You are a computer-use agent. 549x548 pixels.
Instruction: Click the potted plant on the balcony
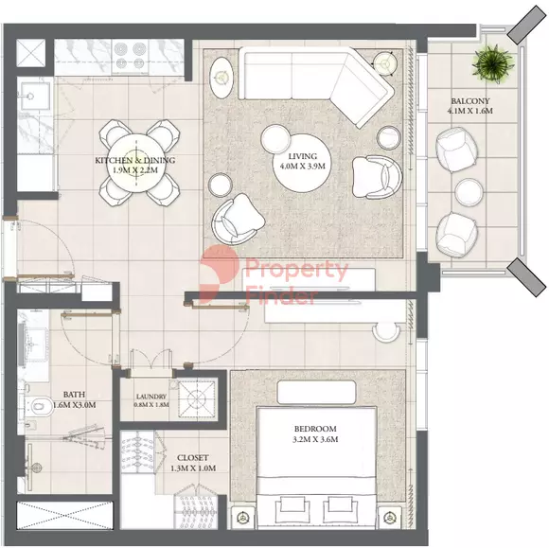[x=493, y=63]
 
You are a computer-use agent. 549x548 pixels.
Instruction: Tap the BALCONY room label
[x=469, y=101]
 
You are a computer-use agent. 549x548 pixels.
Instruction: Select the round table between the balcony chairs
[x=469, y=192]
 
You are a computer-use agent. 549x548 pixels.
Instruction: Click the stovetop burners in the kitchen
[x=130, y=56]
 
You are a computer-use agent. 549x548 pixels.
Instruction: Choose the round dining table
[x=136, y=163]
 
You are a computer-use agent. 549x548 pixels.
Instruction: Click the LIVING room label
[x=303, y=156]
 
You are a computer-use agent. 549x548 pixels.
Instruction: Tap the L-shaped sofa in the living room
[x=315, y=82]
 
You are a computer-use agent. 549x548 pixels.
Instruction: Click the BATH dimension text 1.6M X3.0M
[x=74, y=405]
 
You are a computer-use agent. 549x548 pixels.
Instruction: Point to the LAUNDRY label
[x=151, y=397]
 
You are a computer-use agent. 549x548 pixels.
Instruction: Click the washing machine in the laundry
[x=197, y=398]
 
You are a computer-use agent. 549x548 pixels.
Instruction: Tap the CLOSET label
[x=192, y=458]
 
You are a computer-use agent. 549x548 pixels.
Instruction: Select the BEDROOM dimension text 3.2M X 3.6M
[x=315, y=439]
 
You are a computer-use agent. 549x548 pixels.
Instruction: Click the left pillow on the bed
[x=292, y=505]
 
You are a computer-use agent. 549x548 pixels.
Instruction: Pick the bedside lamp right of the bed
[x=388, y=518]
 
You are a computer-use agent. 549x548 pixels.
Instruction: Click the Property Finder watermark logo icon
[x=220, y=274]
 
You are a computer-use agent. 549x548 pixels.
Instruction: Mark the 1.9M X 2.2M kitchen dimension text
[x=135, y=170]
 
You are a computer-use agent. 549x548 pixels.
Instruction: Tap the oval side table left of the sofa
[x=221, y=78]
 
